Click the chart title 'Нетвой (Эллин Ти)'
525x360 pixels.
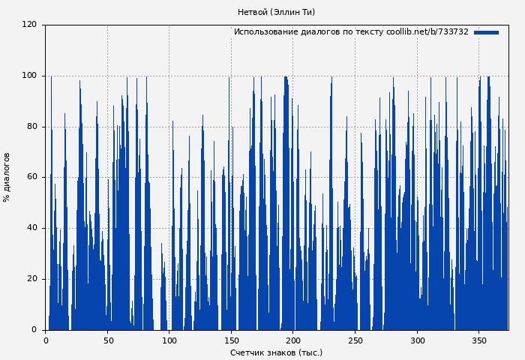pyautogui.click(x=276, y=12)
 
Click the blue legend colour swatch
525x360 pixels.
pyautogui.click(x=486, y=32)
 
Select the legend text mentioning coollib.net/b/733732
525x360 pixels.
pyautogui.click(x=351, y=32)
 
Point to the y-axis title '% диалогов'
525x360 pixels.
pyautogui.click(x=7, y=177)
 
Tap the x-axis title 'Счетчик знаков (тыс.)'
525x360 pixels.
pyautogui.click(x=276, y=352)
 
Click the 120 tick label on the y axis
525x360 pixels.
pyautogui.click(x=29, y=25)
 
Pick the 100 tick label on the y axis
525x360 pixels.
pyautogui.click(x=29, y=76)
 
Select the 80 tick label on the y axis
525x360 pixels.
pyautogui.click(x=31, y=127)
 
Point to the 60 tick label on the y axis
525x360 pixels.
pyautogui.click(x=31, y=177)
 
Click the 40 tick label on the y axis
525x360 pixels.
pyautogui.click(x=31, y=228)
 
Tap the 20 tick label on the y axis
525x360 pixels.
pyautogui.click(x=31, y=279)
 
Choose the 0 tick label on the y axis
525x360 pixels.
pyautogui.click(x=34, y=330)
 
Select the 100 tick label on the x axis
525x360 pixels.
pyautogui.click(x=169, y=340)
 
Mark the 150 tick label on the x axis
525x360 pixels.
pyautogui.click(x=231, y=340)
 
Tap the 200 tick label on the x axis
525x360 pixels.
pyautogui.click(x=293, y=340)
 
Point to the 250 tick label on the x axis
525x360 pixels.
pyautogui.click(x=355, y=340)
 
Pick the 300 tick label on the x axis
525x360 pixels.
pyautogui.click(x=417, y=340)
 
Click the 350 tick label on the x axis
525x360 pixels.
pyautogui.click(x=478, y=340)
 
